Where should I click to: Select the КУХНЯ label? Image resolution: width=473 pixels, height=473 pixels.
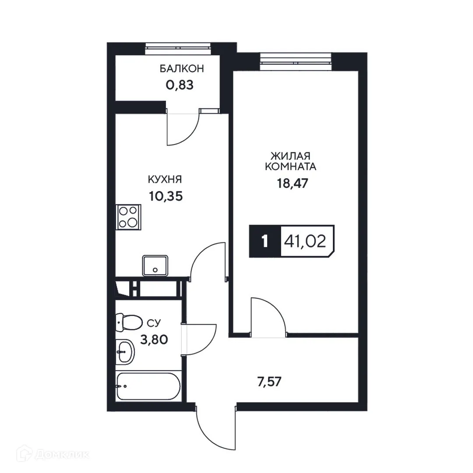coord(165,180)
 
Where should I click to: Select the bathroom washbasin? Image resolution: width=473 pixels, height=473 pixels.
coord(126,351)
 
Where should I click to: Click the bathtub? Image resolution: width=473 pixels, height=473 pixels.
coord(147,385)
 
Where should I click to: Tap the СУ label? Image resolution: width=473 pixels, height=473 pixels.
coord(153,324)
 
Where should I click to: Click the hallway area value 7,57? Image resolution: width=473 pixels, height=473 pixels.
coord(268,381)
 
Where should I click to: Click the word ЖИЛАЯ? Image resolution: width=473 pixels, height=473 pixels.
coord(291,156)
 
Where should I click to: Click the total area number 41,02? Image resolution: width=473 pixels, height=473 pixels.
coord(306,241)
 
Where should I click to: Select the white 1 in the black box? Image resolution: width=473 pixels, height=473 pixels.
coord(265,241)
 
